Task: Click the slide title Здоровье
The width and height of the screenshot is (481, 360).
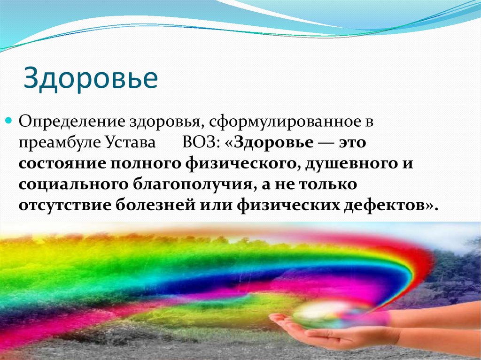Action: pos(91,79)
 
